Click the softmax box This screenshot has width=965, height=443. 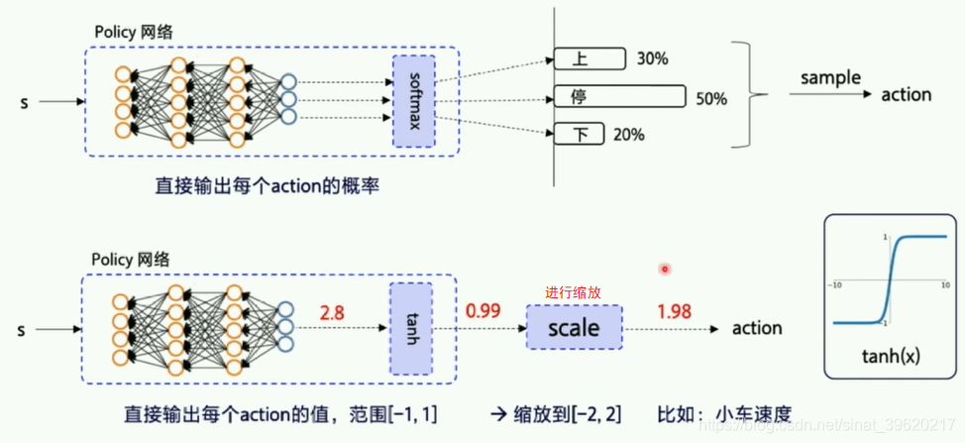(413, 100)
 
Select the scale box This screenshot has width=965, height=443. (573, 327)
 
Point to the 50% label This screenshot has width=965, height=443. (710, 99)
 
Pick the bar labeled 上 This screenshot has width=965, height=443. (590, 58)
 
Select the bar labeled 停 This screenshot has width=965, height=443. (619, 97)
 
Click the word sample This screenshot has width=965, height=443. (830, 77)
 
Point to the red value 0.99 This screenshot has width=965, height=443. (481, 313)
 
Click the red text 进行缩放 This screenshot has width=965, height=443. (573, 293)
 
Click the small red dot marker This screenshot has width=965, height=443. (665, 269)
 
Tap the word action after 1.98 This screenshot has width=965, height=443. (756, 328)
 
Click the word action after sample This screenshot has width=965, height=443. (906, 95)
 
